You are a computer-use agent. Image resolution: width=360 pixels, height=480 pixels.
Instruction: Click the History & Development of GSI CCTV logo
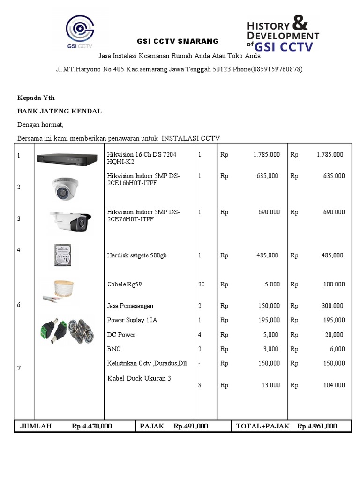coord(283,33)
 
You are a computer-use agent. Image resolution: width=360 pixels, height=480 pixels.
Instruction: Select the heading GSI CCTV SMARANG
coord(177,41)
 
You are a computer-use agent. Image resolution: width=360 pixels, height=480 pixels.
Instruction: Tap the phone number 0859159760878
coord(277,69)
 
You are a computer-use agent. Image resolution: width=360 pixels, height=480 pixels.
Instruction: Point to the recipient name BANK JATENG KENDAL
coord(60,111)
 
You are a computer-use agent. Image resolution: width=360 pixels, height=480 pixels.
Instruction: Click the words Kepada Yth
coord(36,97)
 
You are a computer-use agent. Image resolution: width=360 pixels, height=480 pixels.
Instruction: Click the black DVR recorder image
coord(69,159)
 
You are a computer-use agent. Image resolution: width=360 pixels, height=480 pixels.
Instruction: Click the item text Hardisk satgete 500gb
coord(137,255)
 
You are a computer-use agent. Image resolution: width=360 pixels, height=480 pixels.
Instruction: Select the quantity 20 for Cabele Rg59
coord(202,284)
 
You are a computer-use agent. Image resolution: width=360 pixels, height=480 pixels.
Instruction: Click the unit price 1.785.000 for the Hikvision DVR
coord(266,154)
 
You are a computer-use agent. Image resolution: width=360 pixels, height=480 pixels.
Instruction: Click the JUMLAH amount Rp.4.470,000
coord(92,426)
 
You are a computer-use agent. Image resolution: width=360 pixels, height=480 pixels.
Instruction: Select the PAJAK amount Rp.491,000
coord(190,426)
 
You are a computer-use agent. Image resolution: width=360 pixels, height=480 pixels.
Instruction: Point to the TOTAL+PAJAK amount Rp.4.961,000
coord(317,426)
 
